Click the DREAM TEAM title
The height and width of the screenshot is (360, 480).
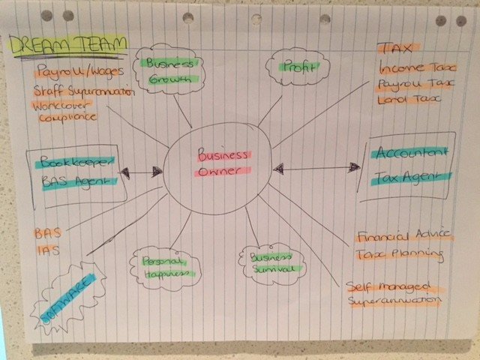[67, 45]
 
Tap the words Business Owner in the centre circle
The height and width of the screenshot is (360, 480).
[223, 163]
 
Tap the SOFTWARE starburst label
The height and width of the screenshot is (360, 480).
[68, 298]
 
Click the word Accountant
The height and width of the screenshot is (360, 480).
[412, 152]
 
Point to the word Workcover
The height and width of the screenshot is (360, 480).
[61, 106]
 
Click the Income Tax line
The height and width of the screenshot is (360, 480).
[418, 67]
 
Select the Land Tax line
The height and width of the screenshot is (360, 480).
[409, 100]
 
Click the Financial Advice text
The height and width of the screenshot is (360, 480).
[404, 236]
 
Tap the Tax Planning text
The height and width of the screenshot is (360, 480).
[400, 253]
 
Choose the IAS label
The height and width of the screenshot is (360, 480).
[48, 250]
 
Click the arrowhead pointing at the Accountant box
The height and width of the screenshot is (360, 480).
[355, 167]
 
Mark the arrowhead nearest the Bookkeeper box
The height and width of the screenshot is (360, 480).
[125, 172]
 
